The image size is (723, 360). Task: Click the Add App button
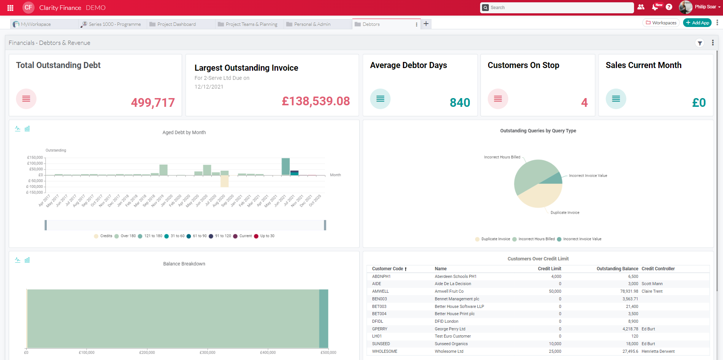(698, 23)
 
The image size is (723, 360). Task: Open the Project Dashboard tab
(176, 24)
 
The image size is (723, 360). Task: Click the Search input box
(559, 8)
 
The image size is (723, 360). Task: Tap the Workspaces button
(661, 23)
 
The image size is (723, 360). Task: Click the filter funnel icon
(699, 43)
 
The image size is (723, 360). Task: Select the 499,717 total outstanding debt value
(153, 103)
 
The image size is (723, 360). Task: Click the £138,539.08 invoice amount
(316, 101)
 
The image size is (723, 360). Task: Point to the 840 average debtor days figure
(460, 103)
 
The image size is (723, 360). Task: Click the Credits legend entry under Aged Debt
(103, 236)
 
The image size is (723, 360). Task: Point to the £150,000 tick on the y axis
(35, 157)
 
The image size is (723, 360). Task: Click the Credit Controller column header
(658, 269)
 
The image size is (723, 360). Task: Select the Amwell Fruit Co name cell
(449, 292)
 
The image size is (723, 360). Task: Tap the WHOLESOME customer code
(384, 352)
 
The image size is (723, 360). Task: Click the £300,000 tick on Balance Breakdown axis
(207, 353)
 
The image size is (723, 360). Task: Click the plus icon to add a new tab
(426, 24)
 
